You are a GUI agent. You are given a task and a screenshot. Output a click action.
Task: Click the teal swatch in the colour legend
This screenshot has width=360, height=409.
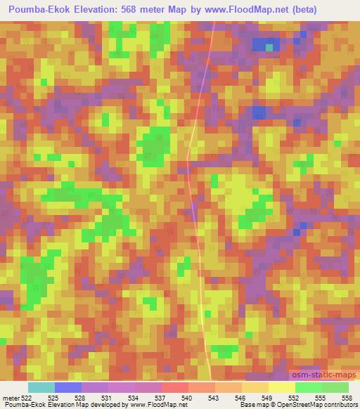pos(41,387)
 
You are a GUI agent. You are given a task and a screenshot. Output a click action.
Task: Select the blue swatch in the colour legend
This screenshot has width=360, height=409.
pos(68,387)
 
